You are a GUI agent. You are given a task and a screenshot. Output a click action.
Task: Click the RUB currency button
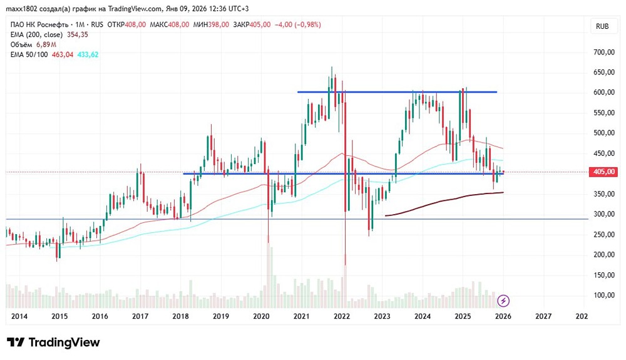[x=602, y=26]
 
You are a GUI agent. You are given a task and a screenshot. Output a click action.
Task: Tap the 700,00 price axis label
[x=603, y=52]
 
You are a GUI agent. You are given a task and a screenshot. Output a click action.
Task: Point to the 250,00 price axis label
[x=603, y=234]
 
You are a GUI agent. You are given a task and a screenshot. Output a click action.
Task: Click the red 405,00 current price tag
[x=603, y=172]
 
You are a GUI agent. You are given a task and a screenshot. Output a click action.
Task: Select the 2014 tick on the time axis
[x=19, y=317]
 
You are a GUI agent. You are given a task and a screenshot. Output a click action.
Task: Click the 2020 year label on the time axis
[x=261, y=317]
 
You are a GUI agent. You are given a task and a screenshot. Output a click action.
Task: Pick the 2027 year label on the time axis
[x=543, y=317]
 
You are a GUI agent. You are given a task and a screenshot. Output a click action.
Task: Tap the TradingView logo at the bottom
[x=54, y=342]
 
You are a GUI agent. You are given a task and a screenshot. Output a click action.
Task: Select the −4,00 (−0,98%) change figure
[x=298, y=24]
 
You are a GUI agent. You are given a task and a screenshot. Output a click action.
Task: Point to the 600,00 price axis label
[x=603, y=93]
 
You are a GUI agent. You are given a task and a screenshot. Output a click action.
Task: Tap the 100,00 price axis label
[x=603, y=295]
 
